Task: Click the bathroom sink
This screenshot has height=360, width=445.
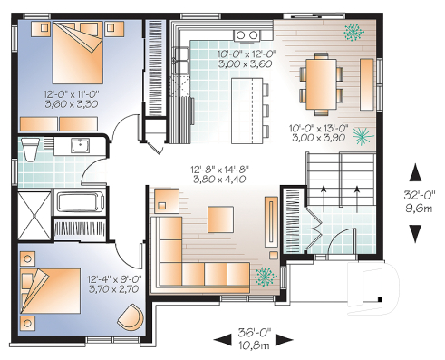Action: click(79, 144)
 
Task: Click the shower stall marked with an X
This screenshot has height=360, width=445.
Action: click(34, 210)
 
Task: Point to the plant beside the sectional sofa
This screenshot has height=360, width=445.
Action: click(265, 276)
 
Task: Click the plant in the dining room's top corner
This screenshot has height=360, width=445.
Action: click(352, 32)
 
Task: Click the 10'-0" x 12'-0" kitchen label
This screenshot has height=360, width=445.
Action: click(246, 54)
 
